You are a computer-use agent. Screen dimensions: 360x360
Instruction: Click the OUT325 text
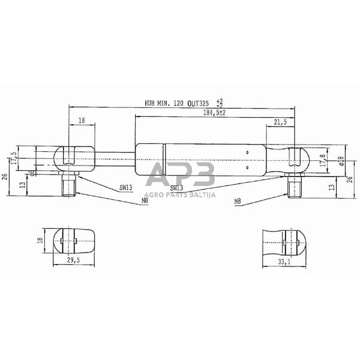point(200,103)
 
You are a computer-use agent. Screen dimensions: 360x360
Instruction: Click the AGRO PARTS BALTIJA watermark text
point(180,194)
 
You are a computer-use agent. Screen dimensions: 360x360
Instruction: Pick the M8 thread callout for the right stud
point(238,202)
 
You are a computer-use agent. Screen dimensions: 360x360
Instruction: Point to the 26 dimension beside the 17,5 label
point(5,175)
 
